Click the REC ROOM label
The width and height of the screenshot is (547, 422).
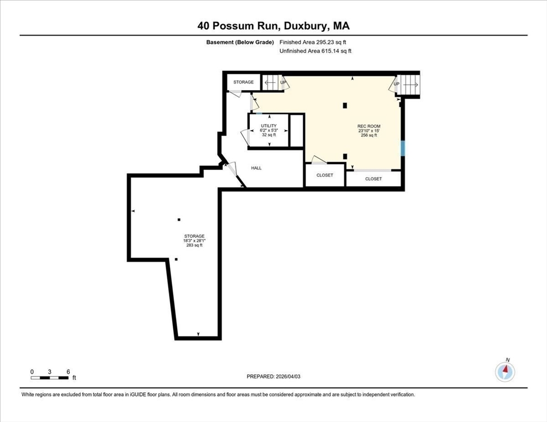(369, 126)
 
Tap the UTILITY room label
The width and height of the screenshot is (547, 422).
(269, 126)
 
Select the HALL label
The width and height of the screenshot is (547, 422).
(256, 168)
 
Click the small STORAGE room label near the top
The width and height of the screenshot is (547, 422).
(243, 82)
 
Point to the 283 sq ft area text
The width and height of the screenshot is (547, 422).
(194, 245)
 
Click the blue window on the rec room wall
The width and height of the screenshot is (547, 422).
(403, 148)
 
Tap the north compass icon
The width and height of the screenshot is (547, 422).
(505, 371)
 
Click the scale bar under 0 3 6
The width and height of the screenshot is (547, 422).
(50, 377)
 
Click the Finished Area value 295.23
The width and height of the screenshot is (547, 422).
(325, 42)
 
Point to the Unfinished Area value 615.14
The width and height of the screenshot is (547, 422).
(330, 51)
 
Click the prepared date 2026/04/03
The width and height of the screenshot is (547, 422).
(288, 376)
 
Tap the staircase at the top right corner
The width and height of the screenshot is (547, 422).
(408, 85)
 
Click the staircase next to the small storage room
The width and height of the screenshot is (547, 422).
(272, 82)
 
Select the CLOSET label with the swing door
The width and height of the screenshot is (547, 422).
(325, 175)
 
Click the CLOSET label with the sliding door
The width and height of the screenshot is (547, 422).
(373, 179)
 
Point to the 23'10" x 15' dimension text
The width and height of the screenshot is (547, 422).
(369, 131)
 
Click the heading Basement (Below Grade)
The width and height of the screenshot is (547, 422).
(240, 42)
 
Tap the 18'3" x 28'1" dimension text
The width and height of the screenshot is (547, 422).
(194, 241)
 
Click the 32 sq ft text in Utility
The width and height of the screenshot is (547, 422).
(269, 135)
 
